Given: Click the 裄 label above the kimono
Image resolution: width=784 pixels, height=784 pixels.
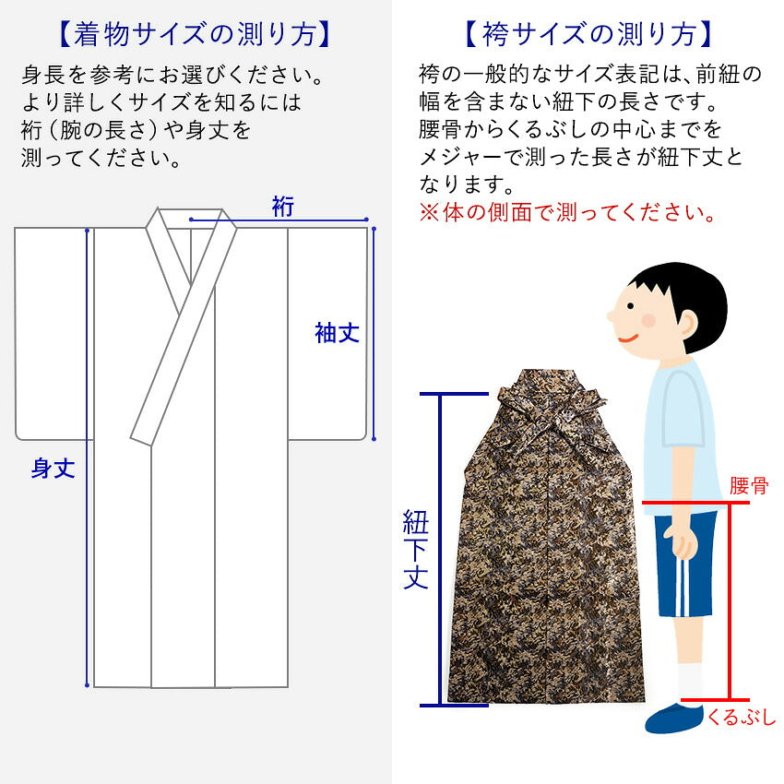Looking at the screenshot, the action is click(283, 207).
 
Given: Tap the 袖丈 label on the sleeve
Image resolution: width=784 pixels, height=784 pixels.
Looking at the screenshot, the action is click(338, 333).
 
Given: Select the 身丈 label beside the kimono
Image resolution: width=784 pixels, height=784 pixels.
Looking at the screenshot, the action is click(53, 468).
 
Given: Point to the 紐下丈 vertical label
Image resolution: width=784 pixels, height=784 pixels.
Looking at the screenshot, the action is click(415, 549).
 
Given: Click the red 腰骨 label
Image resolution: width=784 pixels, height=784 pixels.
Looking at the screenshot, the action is click(749, 485).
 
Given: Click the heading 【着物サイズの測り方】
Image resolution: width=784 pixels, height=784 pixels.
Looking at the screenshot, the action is click(196, 34).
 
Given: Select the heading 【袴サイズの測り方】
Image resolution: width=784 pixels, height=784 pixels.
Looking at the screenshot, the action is click(588, 34).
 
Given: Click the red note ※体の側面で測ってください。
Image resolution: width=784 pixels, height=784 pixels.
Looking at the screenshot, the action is click(567, 212).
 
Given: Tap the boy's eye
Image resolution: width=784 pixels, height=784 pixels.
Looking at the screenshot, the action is click(631, 306).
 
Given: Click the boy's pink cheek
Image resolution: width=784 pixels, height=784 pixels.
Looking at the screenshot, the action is click(648, 320).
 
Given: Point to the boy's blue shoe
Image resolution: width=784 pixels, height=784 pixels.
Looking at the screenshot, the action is click(673, 718).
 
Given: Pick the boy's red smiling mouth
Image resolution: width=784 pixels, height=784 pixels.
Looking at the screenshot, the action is click(628, 339).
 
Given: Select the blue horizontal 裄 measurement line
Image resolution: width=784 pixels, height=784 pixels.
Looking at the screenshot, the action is click(279, 220).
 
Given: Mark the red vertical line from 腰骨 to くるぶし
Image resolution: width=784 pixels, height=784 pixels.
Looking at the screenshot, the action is click(730, 601).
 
